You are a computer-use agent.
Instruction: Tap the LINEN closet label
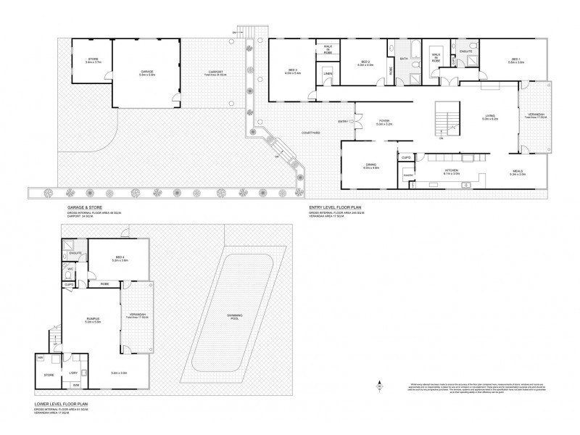[328, 74]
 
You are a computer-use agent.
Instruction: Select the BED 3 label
[292, 70]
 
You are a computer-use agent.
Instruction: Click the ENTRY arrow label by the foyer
[344, 121]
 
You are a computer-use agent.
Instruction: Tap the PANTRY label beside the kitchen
[408, 175]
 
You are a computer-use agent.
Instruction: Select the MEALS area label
[518, 172]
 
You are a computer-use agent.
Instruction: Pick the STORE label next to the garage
[93, 59]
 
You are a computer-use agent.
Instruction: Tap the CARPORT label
[215, 72]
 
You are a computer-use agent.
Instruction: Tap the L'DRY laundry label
[73, 373]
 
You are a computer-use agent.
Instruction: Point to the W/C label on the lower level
[70, 269]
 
